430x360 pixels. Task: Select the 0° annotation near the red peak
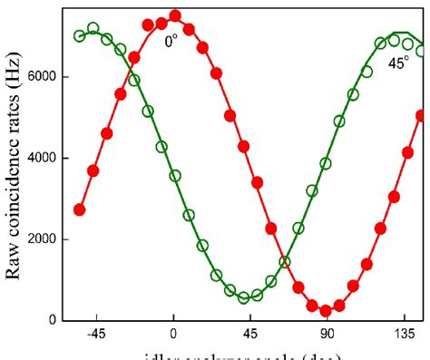coord(171,41)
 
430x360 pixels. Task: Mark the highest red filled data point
coord(175,16)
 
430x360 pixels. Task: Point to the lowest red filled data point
coord(326,310)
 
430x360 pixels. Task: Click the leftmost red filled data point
coord(80,209)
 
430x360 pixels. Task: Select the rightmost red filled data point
coord(422,116)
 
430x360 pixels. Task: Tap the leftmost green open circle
coord(80,35)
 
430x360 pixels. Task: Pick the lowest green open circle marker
coord(244,297)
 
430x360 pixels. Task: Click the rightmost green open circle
coord(422,52)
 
